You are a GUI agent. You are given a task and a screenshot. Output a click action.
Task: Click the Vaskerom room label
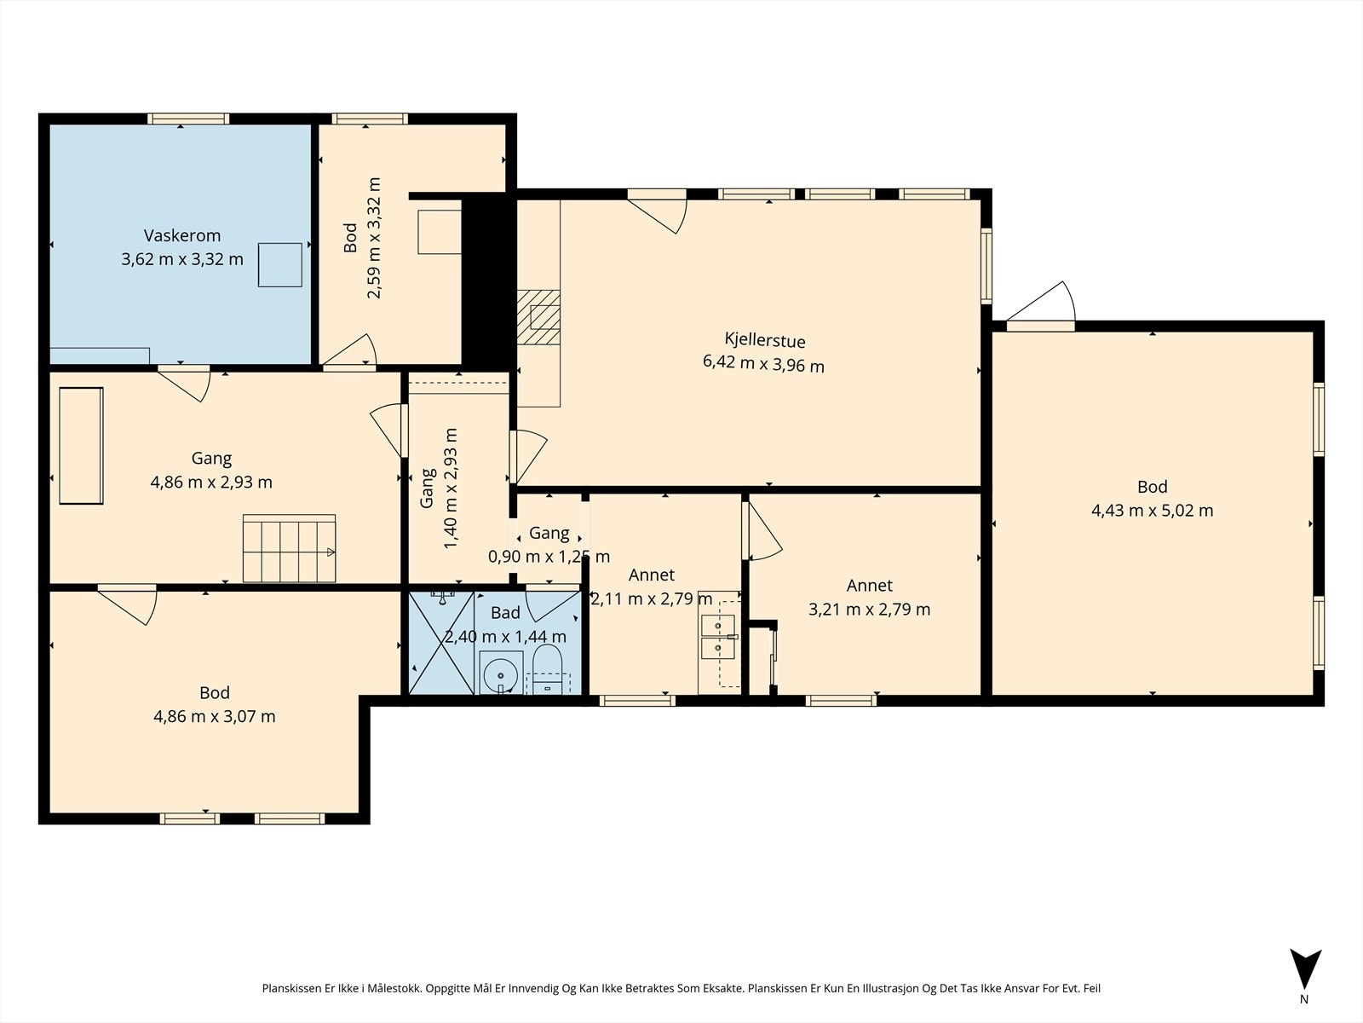pos(182,235)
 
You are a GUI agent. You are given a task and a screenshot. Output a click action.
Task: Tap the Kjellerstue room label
pos(765,340)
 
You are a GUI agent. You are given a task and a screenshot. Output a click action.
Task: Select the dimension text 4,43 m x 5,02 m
pos(1152,511)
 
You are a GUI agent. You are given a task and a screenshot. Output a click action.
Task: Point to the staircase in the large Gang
pos(290,548)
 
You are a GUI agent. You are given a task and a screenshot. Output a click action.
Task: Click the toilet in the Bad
pos(547,669)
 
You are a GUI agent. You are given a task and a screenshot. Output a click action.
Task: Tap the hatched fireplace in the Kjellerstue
pos(538,317)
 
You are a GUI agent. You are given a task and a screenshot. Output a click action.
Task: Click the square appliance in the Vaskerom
pos(280,265)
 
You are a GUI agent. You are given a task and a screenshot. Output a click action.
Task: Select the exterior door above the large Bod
pos(1041,308)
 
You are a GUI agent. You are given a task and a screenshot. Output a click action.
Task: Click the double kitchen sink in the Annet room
pos(718,637)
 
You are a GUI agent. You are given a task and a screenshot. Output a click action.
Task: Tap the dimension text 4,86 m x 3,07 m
pos(214,717)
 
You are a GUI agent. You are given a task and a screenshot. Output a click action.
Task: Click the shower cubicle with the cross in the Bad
pos(441,642)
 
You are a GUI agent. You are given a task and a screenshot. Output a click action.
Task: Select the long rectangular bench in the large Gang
pos(81,445)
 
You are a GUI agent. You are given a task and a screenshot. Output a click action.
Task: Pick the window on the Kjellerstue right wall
pos(986,266)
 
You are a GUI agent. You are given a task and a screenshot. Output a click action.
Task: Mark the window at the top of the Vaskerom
pos(188,118)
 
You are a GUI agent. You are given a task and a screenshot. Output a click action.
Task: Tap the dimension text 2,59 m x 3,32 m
pos(374,239)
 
